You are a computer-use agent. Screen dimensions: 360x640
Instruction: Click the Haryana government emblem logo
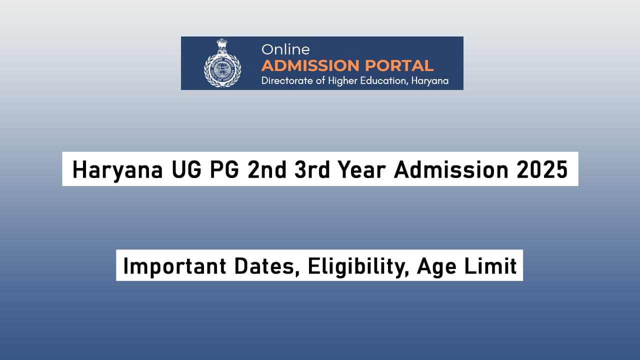(x=222, y=63)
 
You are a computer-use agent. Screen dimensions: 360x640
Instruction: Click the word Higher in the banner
(x=343, y=80)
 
